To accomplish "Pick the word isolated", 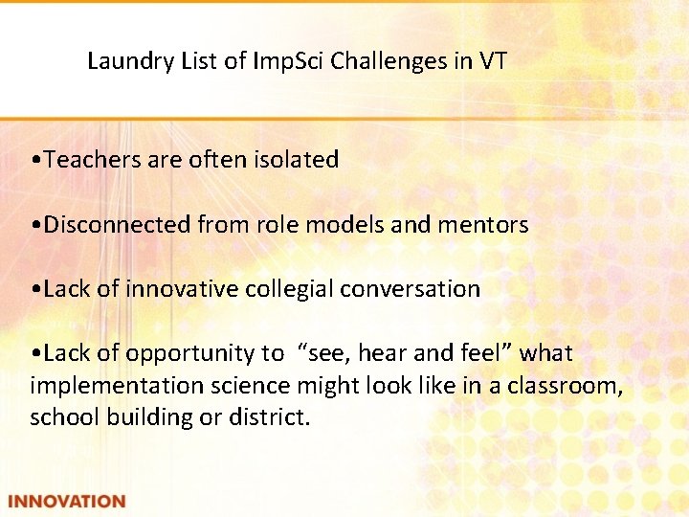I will tap(296, 160).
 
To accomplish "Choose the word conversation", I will tap(417, 289).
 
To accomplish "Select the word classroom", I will tap(572, 386).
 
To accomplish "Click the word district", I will tap(270, 418).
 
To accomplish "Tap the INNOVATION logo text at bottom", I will tap(67, 501).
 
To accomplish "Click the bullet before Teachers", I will tap(35, 161).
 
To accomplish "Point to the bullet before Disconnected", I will tap(35, 226).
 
